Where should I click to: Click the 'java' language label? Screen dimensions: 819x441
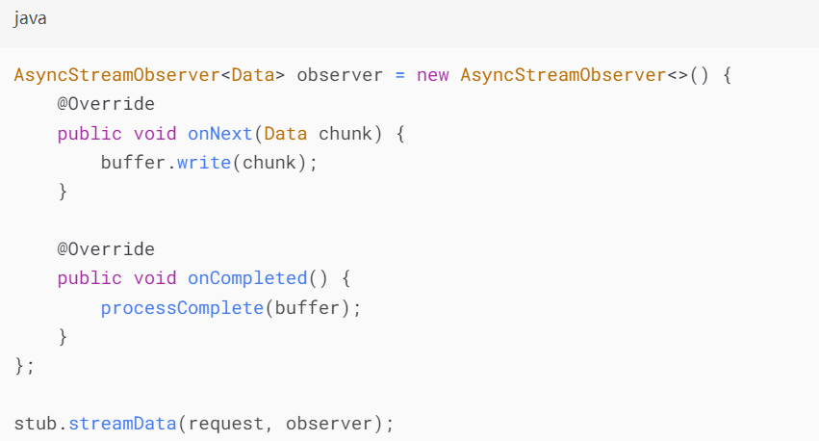(x=31, y=19)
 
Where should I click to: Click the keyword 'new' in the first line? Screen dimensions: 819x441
(x=433, y=74)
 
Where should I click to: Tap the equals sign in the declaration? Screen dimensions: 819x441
(x=400, y=74)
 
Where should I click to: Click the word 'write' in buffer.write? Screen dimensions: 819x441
(x=204, y=162)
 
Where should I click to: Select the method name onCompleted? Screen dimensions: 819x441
(x=247, y=278)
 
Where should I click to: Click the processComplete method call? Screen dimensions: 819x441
(x=182, y=308)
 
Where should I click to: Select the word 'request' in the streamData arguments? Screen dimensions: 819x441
(x=237, y=424)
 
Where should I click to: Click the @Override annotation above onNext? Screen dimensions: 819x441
(x=106, y=103)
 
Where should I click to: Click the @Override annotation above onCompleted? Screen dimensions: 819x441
(x=106, y=249)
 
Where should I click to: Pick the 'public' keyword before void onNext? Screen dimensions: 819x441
(x=90, y=133)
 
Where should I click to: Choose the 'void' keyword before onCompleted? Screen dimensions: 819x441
(x=155, y=278)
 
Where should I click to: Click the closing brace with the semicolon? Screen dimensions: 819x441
(x=24, y=366)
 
